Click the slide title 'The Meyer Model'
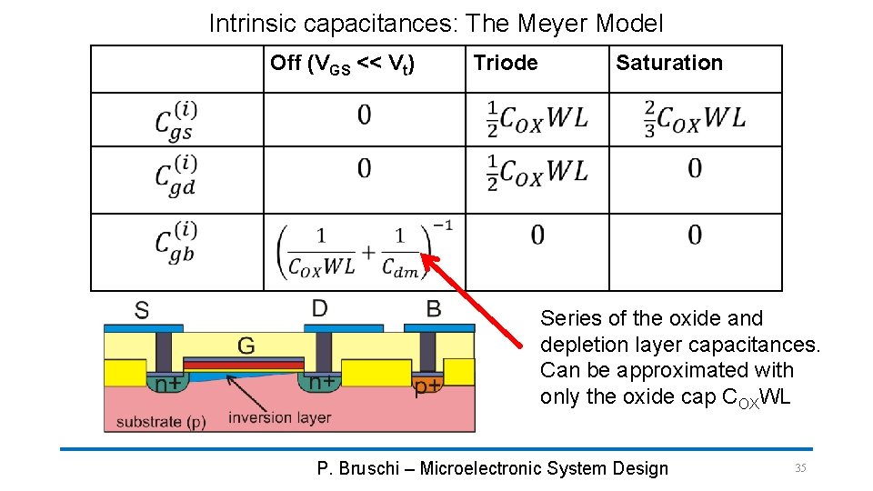click(436, 23)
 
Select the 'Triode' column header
click(505, 63)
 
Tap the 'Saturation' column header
click(668, 63)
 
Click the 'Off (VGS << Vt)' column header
click(343, 64)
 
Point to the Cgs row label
click(176, 119)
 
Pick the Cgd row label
click(176, 175)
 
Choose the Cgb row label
click(176, 242)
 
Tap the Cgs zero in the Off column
click(364, 115)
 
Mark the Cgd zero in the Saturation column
click(694, 168)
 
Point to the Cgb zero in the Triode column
click(537, 235)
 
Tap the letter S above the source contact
click(142, 310)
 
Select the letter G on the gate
click(246, 346)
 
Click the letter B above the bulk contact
click(434, 309)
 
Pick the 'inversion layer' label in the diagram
click(279, 417)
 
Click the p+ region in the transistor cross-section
click(427, 387)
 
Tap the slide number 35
click(800, 467)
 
